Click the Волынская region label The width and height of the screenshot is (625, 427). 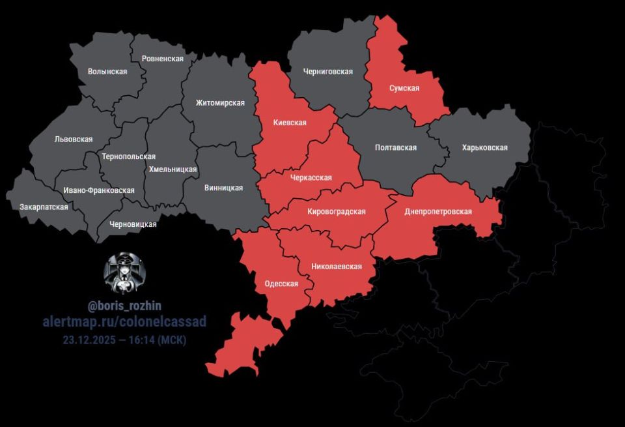click(107, 72)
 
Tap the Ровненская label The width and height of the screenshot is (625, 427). click(162, 59)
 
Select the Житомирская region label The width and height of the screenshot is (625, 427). click(220, 103)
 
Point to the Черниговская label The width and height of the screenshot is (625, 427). click(328, 72)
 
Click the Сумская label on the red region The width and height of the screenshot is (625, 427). click(404, 88)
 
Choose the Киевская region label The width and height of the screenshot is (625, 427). click(290, 123)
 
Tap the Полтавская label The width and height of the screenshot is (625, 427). click(396, 147)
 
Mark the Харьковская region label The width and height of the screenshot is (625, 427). click(484, 147)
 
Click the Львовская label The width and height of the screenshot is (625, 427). click(74, 140)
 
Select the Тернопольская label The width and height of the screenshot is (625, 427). click(129, 156)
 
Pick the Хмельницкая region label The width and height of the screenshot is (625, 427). click(173, 169)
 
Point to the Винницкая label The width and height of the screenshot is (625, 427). click(223, 188)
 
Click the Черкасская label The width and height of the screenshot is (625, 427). click(311, 177)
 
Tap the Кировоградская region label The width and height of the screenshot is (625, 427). click(336, 211)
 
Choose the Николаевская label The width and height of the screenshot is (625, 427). click(336, 266)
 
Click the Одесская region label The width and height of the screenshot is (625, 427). click(281, 284)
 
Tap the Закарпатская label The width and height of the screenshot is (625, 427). click(44, 207)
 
